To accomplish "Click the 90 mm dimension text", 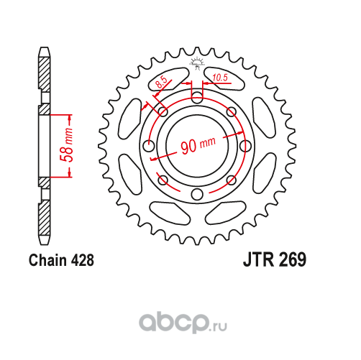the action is (198, 145).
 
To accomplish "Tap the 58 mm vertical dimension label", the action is (67, 145).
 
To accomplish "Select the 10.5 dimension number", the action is (220, 78).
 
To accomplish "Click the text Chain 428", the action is (61, 260).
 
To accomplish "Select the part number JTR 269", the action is (275, 259).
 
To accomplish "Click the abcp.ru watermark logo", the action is (183, 323).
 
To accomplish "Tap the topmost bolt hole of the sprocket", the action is (197, 98).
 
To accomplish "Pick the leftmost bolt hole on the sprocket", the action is (149, 146).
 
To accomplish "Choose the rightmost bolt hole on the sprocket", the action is (245, 146).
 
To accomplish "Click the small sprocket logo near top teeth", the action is (197, 63).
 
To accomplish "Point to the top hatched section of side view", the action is (45, 73).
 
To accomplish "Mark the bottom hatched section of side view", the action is (45, 218).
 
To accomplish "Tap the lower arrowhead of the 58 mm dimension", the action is (70, 174).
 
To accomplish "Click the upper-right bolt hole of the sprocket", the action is (231, 111).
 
